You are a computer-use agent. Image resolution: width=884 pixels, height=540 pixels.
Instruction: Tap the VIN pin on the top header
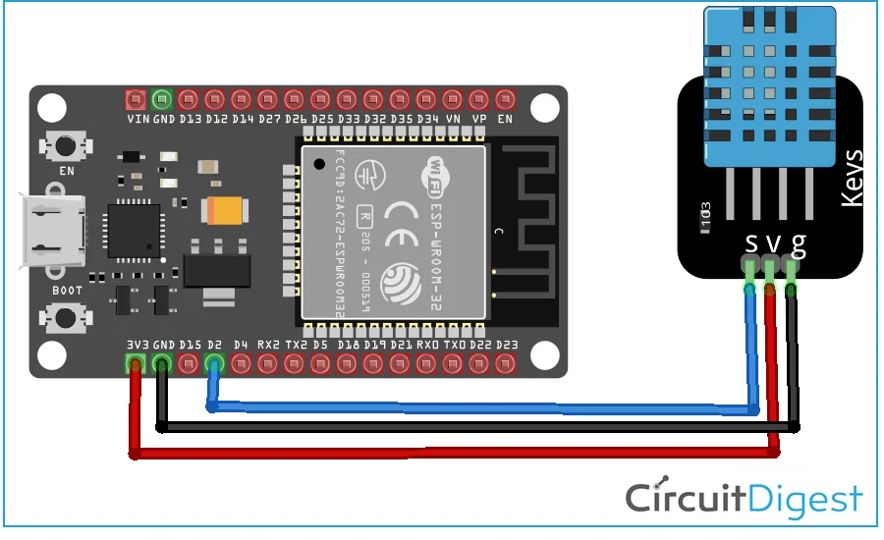click(136, 99)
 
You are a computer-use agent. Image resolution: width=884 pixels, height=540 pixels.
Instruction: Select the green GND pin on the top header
click(162, 99)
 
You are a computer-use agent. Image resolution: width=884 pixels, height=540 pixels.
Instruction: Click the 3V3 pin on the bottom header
click(135, 364)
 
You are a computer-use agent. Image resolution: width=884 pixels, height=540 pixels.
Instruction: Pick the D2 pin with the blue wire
click(214, 364)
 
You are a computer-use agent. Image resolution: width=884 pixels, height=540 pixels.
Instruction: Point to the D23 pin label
click(507, 345)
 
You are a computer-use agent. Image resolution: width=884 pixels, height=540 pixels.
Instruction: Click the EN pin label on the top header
click(506, 119)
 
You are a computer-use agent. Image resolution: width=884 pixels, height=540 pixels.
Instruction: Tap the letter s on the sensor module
click(751, 243)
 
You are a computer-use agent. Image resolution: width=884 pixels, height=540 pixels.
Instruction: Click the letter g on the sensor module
click(798, 243)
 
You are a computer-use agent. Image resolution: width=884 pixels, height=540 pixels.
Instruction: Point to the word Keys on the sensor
click(852, 178)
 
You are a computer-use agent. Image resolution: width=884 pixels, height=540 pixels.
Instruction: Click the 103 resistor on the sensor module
click(704, 213)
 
